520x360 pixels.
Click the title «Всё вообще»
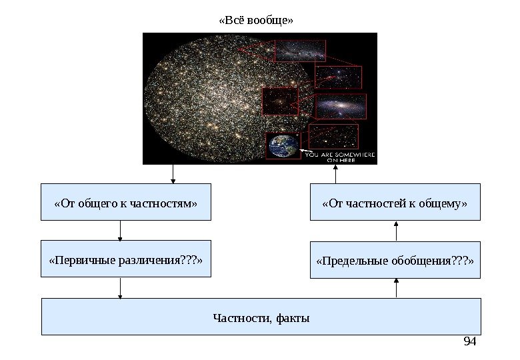click(x=256, y=20)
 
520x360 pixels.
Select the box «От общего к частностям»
click(x=125, y=202)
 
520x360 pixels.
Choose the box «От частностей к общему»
click(x=395, y=202)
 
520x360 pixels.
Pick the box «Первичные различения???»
click(x=125, y=259)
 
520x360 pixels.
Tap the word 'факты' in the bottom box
click(x=296, y=317)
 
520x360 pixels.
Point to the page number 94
click(x=470, y=342)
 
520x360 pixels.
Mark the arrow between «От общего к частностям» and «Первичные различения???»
click(x=121, y=230)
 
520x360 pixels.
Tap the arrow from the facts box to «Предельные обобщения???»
click(x=397, y=289)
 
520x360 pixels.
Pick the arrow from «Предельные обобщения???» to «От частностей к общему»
click(x=397, y=231)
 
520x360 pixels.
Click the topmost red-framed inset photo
click(x=299, y=51)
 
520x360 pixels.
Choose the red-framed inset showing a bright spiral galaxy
click(x=340, y=106)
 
